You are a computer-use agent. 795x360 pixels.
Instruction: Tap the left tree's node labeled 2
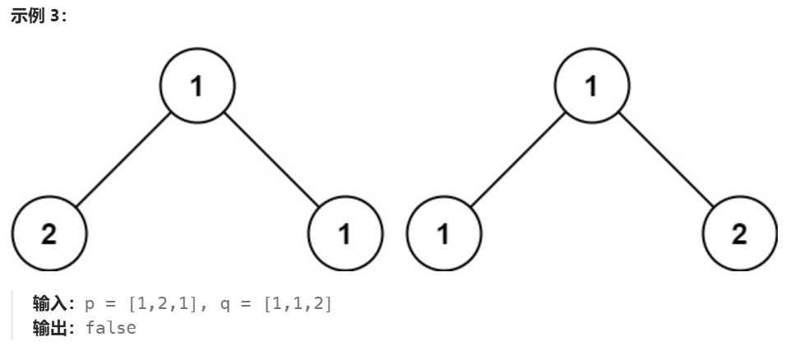tap(49, 234)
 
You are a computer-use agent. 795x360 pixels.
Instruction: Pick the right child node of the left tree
tap(345, 234)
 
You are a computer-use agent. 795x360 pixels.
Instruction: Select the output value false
tap(110, 328)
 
